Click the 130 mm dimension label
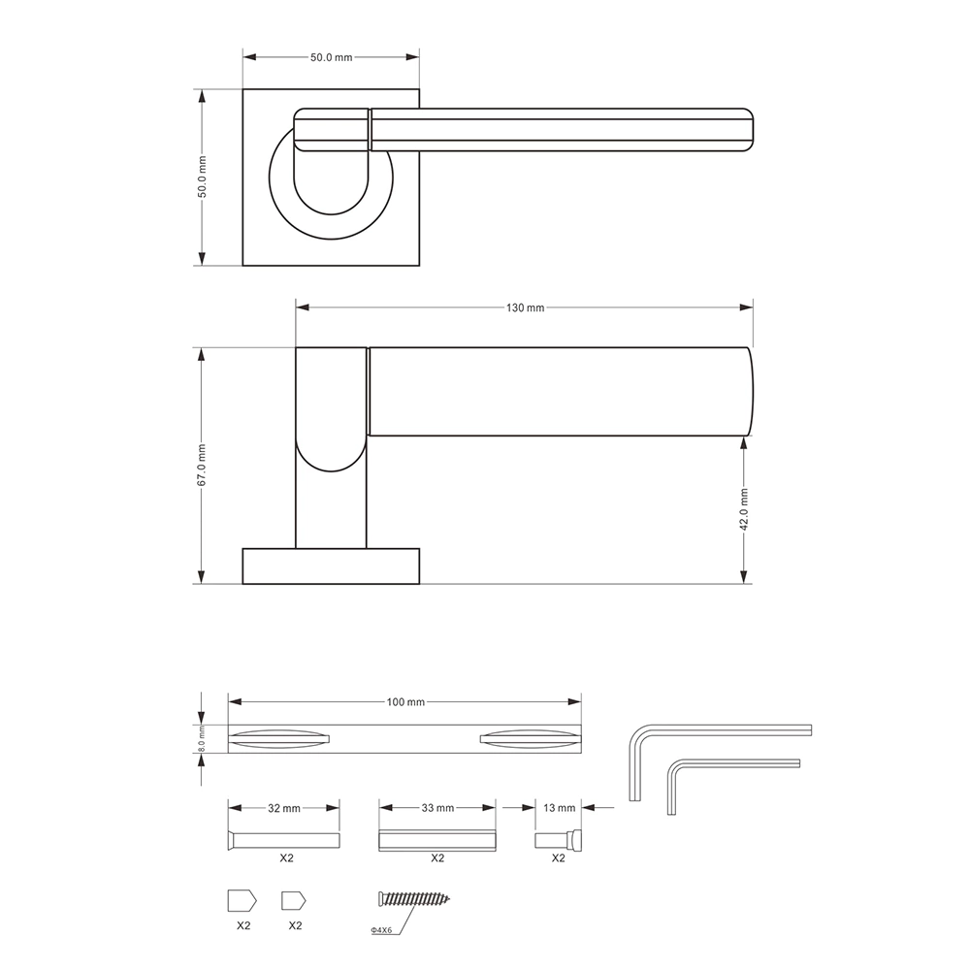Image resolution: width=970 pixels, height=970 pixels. (525, 307)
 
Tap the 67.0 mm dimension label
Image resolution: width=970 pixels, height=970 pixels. (202, 465)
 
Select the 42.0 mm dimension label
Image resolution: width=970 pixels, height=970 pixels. (744, 509)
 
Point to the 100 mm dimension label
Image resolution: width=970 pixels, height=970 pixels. (405, 702)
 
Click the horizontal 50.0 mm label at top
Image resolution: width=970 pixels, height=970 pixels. (331, 57)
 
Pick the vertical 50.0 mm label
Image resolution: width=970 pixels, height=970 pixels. (202, 178)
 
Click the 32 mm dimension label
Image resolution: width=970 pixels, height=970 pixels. (284, 809)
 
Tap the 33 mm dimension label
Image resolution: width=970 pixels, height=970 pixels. (437, 809)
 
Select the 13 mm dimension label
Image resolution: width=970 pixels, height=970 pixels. (560, 808)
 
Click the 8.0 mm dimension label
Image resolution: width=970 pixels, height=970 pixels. (201, 739)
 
